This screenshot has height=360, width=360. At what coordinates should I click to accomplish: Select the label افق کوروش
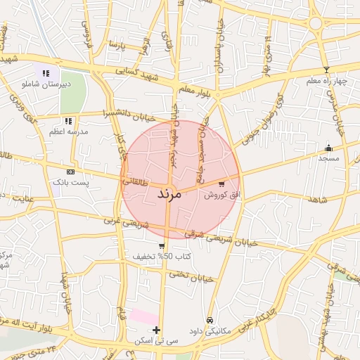[222, 195]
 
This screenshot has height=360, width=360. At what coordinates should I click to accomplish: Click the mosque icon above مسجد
[328, 148]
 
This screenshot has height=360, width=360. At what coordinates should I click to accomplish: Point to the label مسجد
[328, 158]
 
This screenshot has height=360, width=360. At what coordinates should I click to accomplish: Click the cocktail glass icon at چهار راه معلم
[326, 70]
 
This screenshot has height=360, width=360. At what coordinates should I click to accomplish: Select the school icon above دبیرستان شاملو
[46, 73]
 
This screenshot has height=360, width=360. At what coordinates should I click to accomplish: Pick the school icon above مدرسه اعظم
[68, 121]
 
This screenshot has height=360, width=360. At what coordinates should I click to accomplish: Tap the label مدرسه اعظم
[69, 131]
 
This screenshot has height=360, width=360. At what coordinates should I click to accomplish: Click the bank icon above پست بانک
[70, 172]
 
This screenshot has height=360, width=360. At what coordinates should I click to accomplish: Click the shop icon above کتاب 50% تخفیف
[162, 246]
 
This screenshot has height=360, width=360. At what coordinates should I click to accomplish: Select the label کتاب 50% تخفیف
[162, 257]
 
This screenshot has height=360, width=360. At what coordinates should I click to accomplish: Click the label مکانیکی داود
[210, 330]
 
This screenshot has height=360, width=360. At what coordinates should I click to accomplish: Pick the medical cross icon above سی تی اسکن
[156, 330]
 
